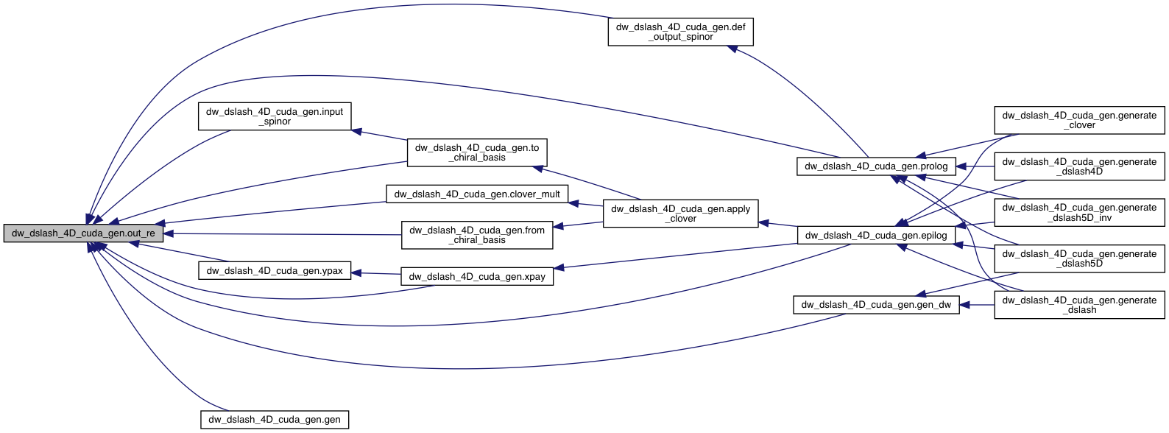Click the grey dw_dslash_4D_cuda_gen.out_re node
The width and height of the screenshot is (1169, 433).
[83, 233]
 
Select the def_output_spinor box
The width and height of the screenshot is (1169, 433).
[680, 32]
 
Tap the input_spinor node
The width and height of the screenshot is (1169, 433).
[275, 116]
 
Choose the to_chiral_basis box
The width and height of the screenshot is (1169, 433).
[477, 152]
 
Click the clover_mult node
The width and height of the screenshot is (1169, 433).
[477, 194]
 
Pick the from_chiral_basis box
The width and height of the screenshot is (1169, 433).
[477, 235]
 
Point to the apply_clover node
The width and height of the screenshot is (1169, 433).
[680, 214]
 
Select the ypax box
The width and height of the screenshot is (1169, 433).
[275, 271]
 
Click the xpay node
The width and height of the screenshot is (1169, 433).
[477, 277]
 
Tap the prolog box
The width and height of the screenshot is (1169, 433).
[876, 166]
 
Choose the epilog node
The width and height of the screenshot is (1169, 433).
[876, 236]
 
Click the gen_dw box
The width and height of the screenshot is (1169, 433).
[876, 305]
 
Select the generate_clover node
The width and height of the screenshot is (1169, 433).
[1079, 120]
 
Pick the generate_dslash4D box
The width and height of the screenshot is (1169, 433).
[1079, 166]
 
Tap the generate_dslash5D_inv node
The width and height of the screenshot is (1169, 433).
[1079, 213]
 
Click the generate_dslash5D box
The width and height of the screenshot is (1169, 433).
[1079, 258]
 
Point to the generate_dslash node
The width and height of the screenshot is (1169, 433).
[1079, 305]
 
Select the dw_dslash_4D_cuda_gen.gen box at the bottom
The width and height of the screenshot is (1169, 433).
[275, 420]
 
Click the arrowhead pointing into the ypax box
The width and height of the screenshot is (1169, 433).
[356, 272]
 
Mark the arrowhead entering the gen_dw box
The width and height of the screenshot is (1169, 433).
[965, 305]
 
